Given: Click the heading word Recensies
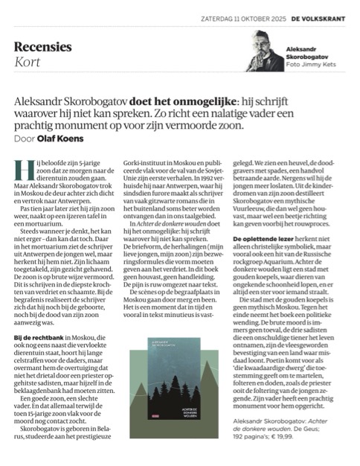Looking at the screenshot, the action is (43, 46).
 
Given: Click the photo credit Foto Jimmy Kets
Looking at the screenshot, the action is (309, 63).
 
